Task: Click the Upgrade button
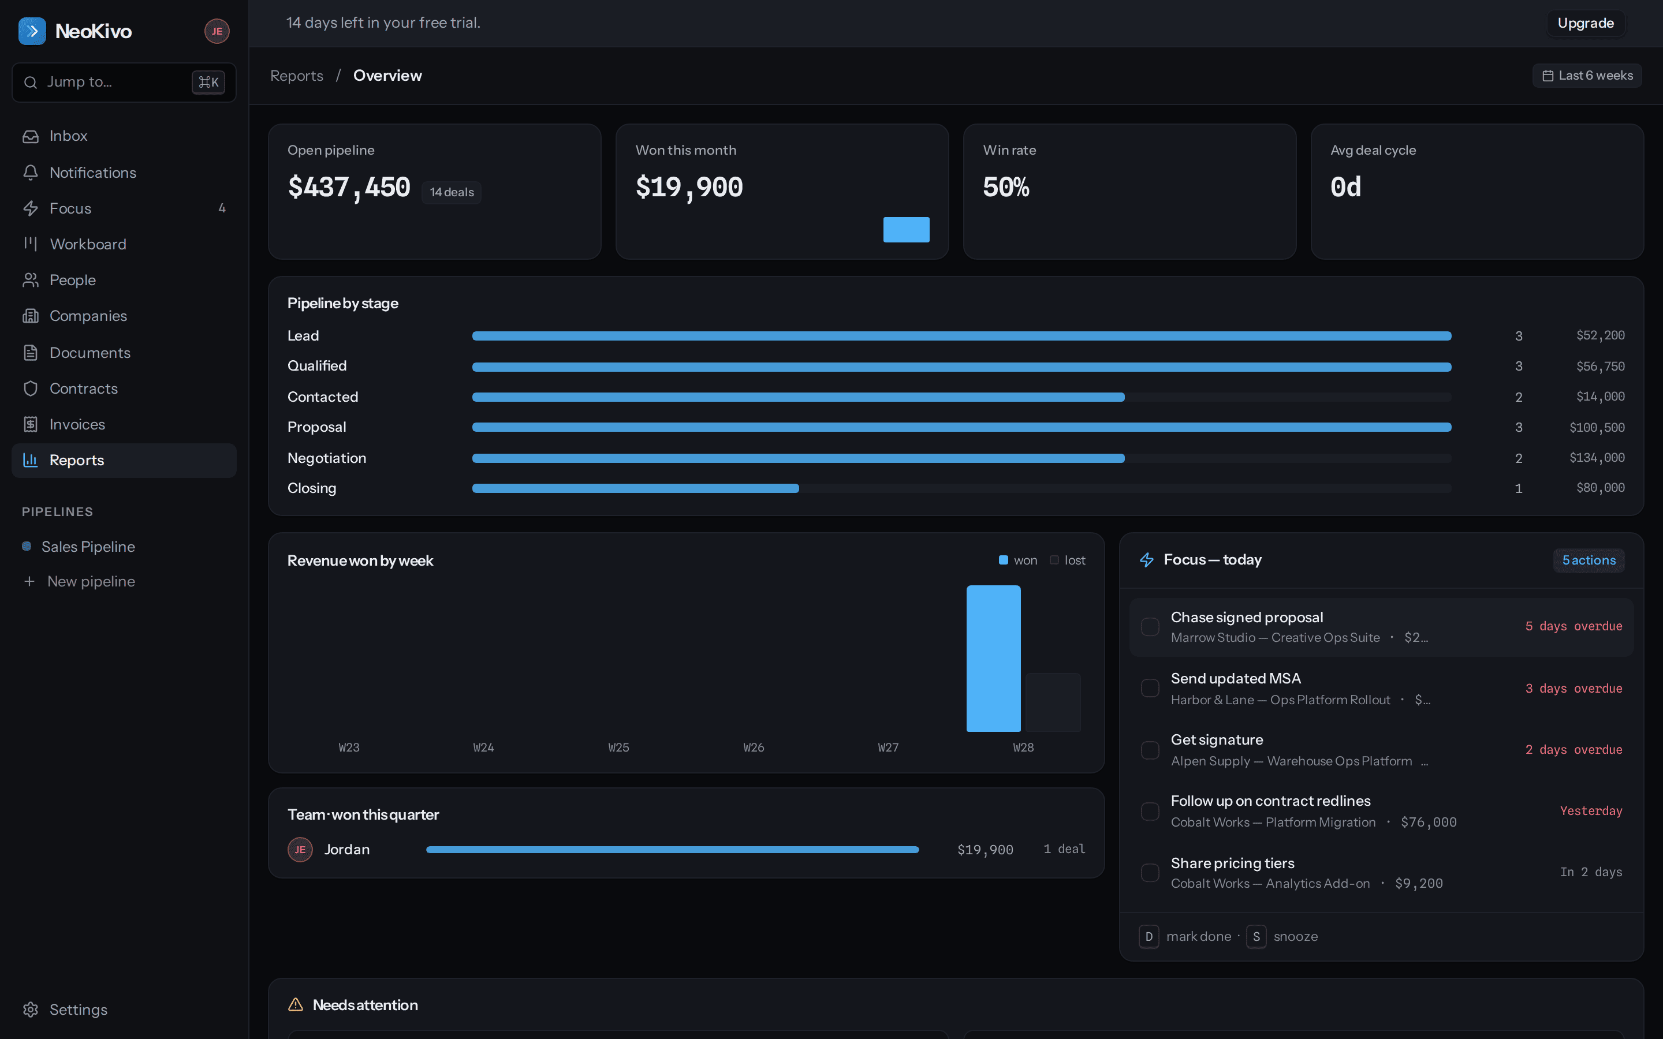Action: pos(1586,23)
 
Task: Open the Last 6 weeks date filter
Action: pos(1587,76)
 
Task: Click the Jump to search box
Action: pos(124,83)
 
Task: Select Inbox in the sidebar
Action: pos(68,136)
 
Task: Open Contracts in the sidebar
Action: pos(83,389)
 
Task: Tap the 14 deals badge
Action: pos(452,192)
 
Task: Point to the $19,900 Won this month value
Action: pos(689,187)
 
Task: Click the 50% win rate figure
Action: pos(1006,187)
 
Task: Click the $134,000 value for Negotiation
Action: pos(1597,458)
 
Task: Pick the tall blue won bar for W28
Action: pos(994,658)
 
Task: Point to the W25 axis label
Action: pos(618,748)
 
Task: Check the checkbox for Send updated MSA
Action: pos(1150,689)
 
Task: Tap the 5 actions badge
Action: pos(1589,560)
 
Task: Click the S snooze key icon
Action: pos(1256,937)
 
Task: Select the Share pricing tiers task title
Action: pos(1232,863)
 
